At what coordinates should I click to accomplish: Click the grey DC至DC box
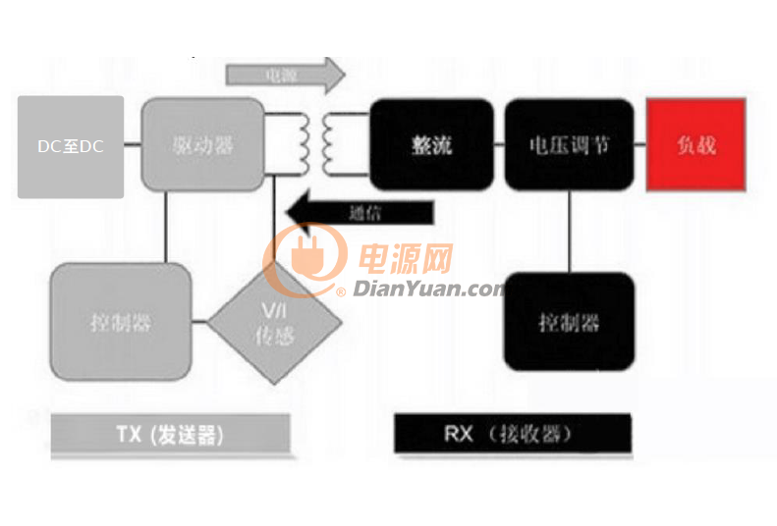[x=71, y=146]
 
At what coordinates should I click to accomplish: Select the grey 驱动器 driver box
[x=203, y=145]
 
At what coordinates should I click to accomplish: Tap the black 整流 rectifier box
[x=431, y=145]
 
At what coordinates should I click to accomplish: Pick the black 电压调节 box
[x=569, y=145]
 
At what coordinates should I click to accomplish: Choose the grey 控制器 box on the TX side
[x=120, y=321]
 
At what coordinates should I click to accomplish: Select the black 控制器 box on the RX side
[x=569, y=322]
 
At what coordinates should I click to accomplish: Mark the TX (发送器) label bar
[x=170, y=434]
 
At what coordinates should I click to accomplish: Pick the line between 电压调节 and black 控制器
[x=570, y=231]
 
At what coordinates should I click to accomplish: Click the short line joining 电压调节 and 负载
[x=639, y=145]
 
